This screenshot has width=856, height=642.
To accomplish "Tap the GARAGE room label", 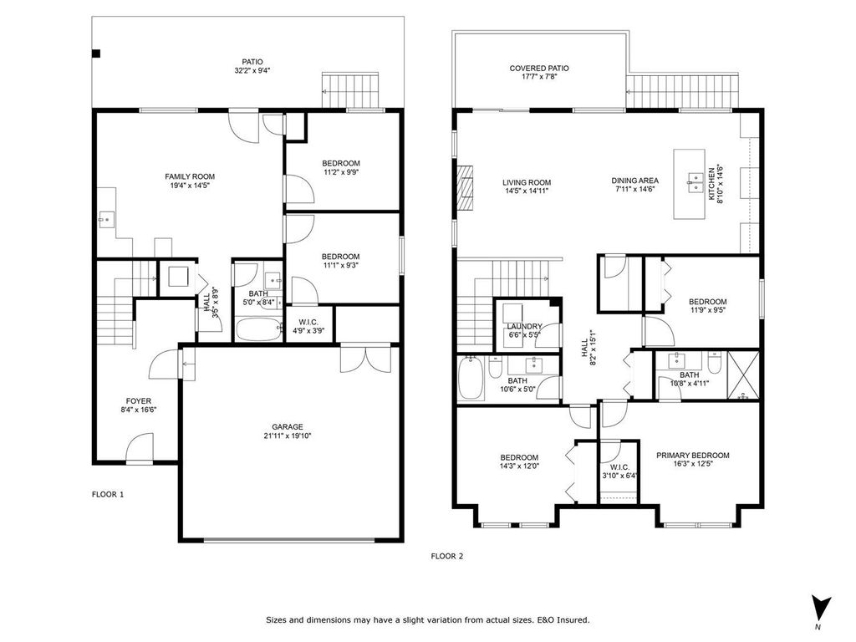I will click(x=287, y=425).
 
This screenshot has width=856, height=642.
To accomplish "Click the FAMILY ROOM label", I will click(x=190, y=176).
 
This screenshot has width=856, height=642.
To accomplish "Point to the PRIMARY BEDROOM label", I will click(x=692, y=456).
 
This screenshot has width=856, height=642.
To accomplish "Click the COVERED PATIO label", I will click(x=539, y=69).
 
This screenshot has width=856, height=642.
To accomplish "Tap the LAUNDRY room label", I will click(x=524, y=326).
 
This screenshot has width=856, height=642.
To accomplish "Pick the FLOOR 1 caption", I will click(x=108, y=494).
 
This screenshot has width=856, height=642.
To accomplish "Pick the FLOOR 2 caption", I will click(x=446, y=555).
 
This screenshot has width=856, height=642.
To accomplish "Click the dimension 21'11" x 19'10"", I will click(x=287, y=436).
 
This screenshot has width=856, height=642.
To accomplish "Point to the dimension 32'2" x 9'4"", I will click(x=252, y=71).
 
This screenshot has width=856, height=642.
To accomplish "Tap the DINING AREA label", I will click(x=636, y=181).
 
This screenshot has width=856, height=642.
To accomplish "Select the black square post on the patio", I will click(x=96, y=54).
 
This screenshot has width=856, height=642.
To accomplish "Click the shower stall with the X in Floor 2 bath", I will click(x=743, y=374).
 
